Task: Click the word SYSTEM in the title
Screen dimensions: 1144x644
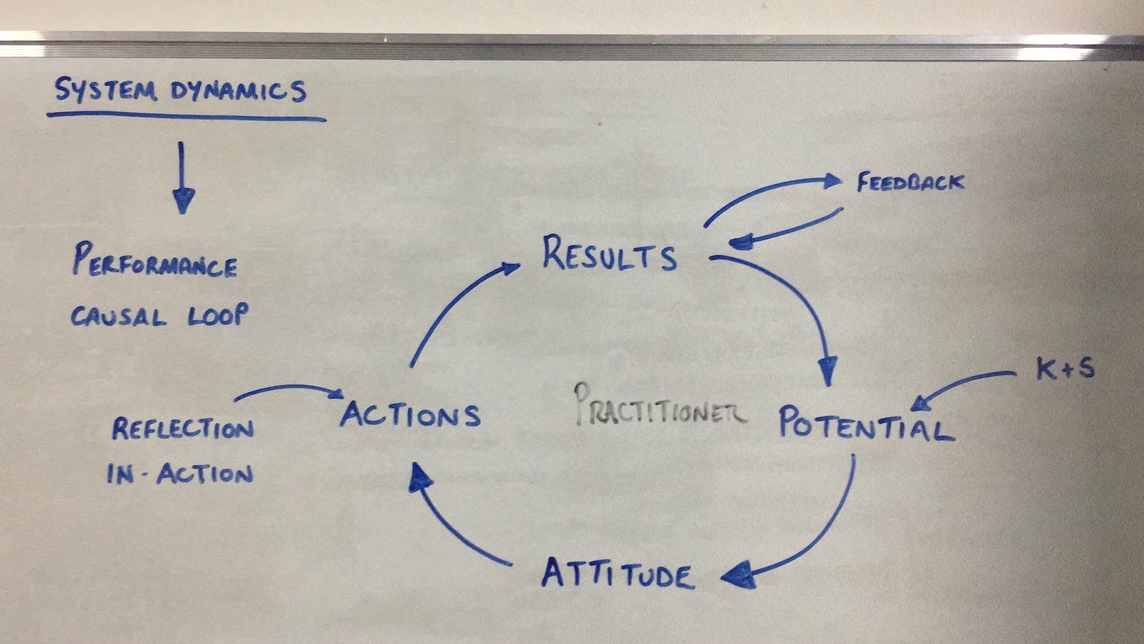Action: click(104, 90)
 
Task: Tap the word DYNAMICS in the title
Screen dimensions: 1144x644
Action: click(239, 91)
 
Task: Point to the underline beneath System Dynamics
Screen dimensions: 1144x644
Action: click(187, 117)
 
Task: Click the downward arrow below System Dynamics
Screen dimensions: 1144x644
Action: click(182, 178)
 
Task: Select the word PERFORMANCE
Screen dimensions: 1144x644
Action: click(154, 260)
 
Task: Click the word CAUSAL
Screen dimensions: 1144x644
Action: click(119, 317)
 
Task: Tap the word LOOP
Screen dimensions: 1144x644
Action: click(218, 314)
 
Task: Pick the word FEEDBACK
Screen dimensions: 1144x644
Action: click(911, 182)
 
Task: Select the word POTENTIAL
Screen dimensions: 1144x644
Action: click(866, 423)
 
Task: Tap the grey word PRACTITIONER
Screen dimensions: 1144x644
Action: click(660, 405)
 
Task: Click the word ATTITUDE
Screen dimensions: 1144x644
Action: click(618, 573)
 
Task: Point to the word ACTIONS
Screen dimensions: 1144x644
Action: click(410, 415)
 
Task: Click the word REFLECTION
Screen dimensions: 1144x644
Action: click(183, 428)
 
